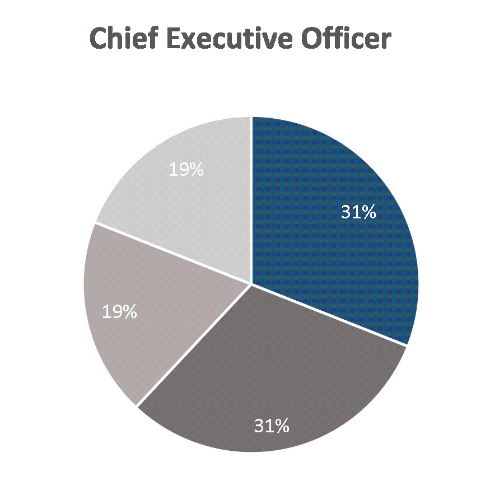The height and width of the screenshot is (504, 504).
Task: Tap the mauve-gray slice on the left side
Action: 144,309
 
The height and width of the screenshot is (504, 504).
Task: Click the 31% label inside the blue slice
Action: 358,212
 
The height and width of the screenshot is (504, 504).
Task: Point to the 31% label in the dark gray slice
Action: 272,426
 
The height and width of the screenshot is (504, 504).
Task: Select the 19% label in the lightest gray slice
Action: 186,169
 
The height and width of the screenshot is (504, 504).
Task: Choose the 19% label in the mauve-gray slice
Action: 120,311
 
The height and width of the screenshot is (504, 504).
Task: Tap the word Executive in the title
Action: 230,38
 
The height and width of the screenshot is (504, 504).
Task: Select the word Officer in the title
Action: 347,38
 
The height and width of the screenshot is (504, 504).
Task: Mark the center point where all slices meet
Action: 251,284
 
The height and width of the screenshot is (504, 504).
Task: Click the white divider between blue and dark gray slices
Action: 329,315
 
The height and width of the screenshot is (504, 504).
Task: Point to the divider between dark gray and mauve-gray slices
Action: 194,345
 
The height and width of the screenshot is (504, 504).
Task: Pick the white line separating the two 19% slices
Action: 173,254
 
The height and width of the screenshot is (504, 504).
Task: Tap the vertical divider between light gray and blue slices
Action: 251,200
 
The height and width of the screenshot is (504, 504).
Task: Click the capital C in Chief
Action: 99,38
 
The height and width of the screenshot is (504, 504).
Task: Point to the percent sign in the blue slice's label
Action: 368,212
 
